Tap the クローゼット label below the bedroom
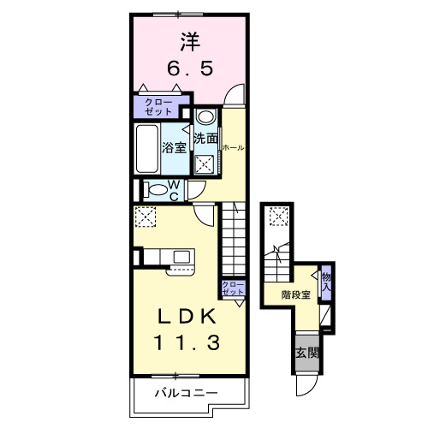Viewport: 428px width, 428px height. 158,107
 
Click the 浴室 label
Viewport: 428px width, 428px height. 175,145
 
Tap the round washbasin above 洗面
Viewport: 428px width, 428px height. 205,117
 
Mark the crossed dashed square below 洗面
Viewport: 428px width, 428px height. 205,165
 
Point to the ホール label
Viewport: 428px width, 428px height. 233,147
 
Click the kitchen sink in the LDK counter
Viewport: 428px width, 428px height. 181,256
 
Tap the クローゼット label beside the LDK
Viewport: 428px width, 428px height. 232,288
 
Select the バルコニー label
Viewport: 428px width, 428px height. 186,393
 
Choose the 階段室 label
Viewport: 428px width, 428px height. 295,295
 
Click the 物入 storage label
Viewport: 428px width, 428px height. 325,281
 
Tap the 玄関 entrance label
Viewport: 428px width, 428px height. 307,353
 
